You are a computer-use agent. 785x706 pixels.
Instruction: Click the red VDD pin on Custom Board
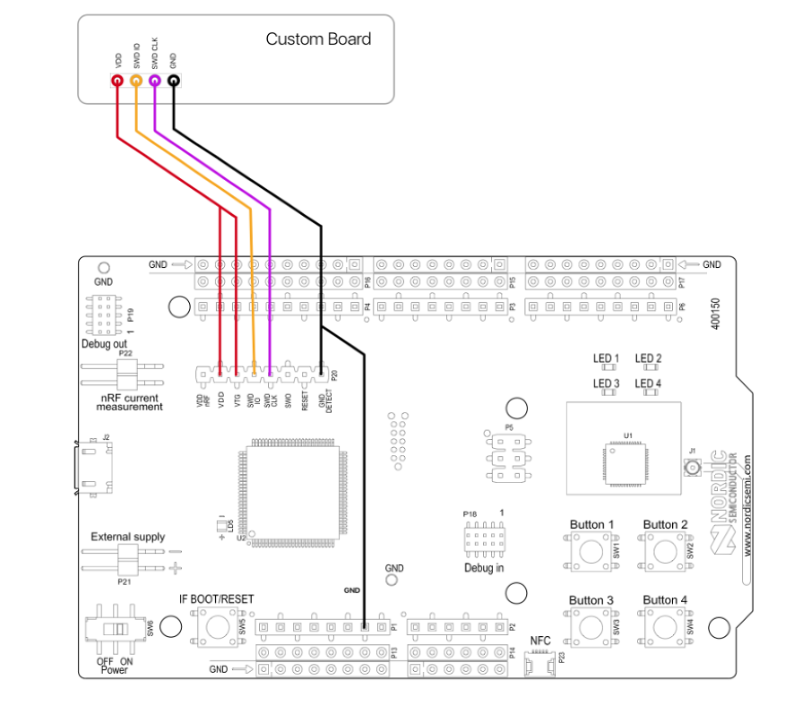(x=117, y=81)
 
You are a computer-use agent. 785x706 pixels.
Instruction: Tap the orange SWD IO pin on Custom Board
(x=136, y=81)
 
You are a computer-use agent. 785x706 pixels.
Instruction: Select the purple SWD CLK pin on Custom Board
(x=155, y=81)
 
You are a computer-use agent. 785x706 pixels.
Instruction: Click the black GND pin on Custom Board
(x=173, y=81)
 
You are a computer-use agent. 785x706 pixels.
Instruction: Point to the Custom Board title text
(x=318, y=39)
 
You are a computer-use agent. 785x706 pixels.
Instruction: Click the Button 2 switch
(x=664, y=550)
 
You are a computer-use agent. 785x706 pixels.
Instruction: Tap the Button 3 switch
(x=591, y=625)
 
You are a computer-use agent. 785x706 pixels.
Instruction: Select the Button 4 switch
(x=664, y=625)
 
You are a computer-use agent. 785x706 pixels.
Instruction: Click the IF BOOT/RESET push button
(x=215, y=625)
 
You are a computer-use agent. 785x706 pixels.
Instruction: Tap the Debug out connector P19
(x=105, y=314)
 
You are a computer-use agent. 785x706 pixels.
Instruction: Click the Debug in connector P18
(x=482, y=539)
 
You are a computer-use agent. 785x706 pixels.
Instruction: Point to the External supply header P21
(x=125, y=560)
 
